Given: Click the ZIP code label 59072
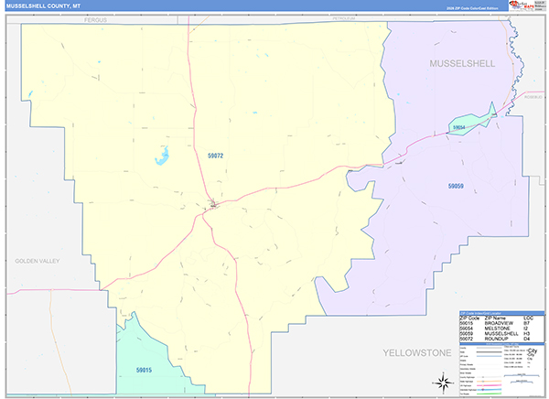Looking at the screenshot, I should (x=216, y=157).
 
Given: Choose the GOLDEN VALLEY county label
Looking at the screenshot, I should (x=37, y=261).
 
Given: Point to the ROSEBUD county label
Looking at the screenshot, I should (x=533, y=96).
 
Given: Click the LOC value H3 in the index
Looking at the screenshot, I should (x=527, y=333).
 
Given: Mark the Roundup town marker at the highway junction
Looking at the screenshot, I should (x=212, y=204).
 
